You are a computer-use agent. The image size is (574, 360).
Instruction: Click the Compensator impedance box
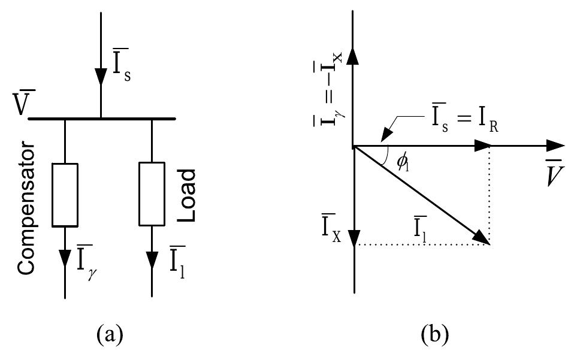tap(65, 195)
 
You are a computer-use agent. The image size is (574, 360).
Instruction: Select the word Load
tap(188, 195)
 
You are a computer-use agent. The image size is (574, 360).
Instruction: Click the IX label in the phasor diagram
tap(327, 227)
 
